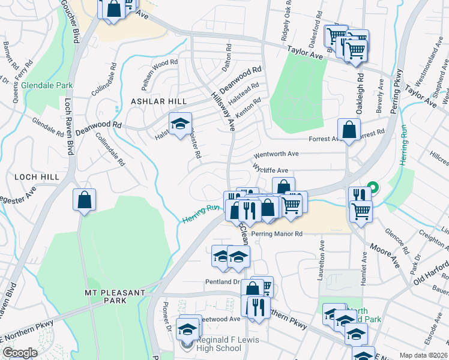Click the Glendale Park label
point(47,86)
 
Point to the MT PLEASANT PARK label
point(115,298)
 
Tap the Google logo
point(19,353)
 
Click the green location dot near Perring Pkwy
point(372,187)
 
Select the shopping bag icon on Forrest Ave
point(349,130)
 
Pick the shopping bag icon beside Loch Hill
point(85,200)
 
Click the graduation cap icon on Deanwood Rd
point(179,124)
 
